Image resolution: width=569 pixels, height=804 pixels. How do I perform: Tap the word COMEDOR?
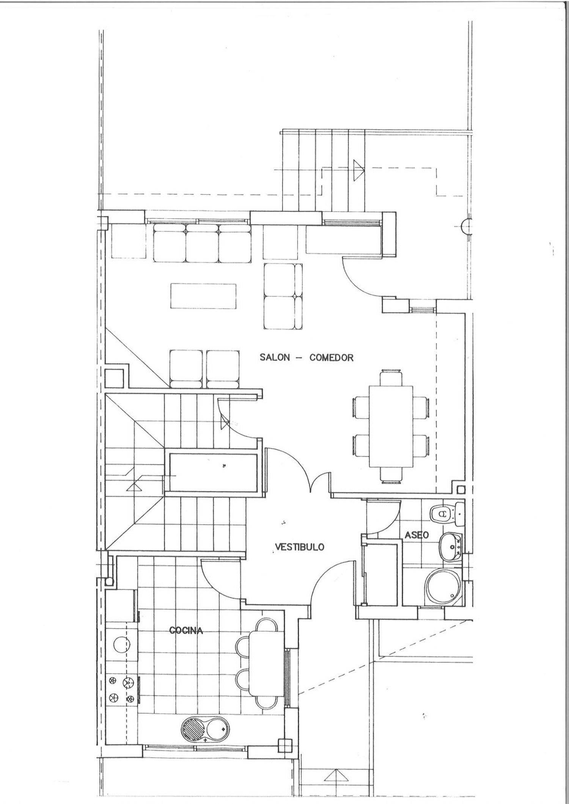click(332, 357)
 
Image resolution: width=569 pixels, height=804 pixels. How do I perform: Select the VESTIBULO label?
click(299, 547)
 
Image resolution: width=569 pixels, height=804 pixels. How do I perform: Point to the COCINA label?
click(186, 631)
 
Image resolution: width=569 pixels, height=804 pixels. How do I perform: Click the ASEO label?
click(417, 535)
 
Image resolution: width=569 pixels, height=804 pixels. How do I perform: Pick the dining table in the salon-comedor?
click(391, 426)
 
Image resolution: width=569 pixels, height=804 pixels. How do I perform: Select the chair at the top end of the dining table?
click(391, 377)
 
